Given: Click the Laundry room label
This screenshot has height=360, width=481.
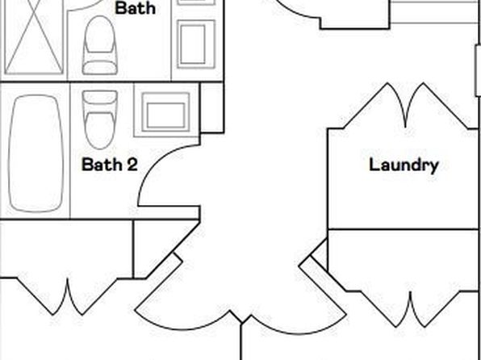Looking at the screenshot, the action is pos(404,165).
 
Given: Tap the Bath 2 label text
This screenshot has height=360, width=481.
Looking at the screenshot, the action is pos(110,164).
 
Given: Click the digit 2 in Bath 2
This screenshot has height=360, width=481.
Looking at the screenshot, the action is pos(132,164).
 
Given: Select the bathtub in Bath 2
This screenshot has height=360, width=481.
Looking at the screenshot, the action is pos(36,153).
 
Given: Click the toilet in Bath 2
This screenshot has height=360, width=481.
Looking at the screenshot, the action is pos(100,119).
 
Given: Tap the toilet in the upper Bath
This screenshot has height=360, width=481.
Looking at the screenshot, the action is pos(100,45).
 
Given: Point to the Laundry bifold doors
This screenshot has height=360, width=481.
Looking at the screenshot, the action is pos(406,106).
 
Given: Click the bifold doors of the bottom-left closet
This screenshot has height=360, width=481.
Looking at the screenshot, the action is pos(67,296).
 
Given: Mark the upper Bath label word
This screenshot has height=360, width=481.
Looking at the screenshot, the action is pos(135,8).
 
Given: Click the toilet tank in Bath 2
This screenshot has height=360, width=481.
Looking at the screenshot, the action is pos(100,98).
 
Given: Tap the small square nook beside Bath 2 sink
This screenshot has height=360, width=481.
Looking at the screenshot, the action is pos(212,107).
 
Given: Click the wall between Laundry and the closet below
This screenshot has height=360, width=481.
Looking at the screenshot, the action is pos(403,229).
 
